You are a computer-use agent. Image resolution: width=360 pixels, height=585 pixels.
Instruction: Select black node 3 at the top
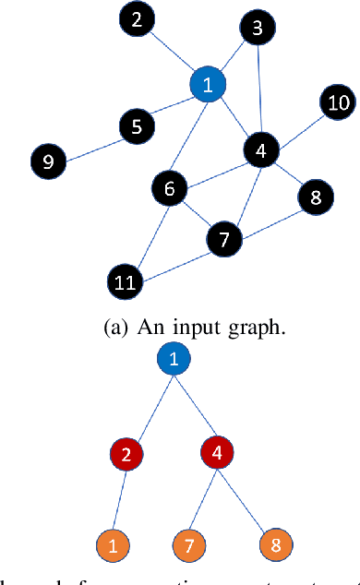[x=258, y=30]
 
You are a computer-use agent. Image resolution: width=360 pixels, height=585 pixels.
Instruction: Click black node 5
[x=137, y=125]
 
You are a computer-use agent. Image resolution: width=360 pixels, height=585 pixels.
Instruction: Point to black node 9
[x=48, y=162]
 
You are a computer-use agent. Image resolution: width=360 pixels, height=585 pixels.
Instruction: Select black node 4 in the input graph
[x=261, y=149]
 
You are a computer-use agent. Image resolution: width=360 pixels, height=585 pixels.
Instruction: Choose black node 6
[x=169, y=189]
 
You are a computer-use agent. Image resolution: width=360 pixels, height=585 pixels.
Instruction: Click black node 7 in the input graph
[x=222, y=240]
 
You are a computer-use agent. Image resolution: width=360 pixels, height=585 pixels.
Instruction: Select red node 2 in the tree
[x=126, y=454]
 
